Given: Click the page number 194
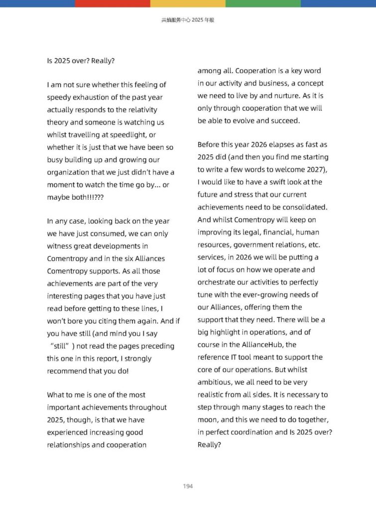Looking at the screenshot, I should (x=188, y=486).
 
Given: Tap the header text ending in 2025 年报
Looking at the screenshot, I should (x=188, y=20).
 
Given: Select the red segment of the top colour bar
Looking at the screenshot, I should (x=113, y=3).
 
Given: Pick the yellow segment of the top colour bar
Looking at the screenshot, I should (x=188, y=3).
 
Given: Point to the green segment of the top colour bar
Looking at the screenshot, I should (x=263, y=3).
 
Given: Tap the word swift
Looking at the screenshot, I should (x=281, y=182).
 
